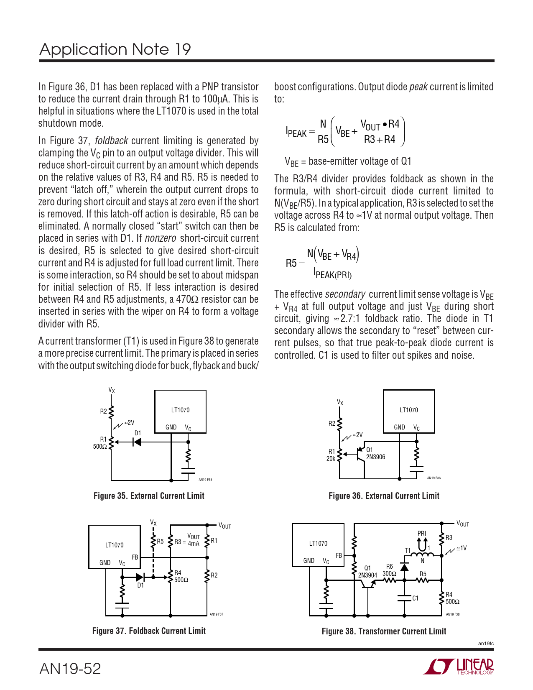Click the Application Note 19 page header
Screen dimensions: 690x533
click(115, 49)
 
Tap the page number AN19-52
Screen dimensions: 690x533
click(70, 669)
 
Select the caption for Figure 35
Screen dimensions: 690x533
click(149, 496)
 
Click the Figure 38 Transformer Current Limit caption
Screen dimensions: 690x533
click(384, 631)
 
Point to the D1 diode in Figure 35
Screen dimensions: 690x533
click(137, 442)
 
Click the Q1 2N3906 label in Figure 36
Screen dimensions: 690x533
click(375, 454)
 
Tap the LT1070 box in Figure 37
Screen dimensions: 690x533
click(114, 545)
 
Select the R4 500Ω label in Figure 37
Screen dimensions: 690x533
click(181, 576)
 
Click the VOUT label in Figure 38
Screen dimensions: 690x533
click(462, 524)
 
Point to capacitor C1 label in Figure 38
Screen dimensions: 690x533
click(415, 598)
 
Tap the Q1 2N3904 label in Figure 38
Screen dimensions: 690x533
click(367, 572)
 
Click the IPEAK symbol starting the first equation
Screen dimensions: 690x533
click(296, 133)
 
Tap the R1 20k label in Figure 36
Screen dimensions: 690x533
click(331, 455)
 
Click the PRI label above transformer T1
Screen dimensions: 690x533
click(422, 534)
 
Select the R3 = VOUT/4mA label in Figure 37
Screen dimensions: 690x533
click(187, 540)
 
